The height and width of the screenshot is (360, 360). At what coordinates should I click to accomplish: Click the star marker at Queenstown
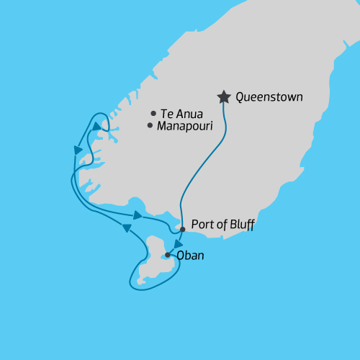pyautogui.click(x=224, y=96)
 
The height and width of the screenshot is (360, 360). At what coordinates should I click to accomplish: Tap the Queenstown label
pyautogui.click(x=269, y=96)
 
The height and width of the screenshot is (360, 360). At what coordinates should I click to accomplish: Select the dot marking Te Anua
pyautogui.click(x=153, y=113)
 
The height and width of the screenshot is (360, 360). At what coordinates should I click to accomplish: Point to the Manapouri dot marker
pyautogui.click(x=150, y=125)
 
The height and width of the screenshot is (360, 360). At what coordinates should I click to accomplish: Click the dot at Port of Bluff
pyautogui.click(x=182, y=229)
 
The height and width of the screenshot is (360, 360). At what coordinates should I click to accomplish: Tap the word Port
pyautogui.click(x=202, y=225)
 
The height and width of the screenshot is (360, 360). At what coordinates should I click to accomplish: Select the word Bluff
pyautogui.click(x=240, y=225)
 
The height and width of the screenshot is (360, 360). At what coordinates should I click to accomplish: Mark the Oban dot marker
pyautogui.click(x=168, y=255)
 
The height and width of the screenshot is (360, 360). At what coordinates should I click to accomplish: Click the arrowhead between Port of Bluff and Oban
pyautogui.click(x=178, y=243)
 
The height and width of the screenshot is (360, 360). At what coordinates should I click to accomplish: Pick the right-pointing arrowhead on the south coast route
pyautogui.click(x=138, y=215)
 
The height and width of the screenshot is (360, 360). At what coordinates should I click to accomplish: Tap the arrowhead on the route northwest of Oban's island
pyautogui.click(x=127, y=228)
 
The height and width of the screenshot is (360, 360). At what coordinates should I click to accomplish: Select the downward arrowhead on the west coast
pyautogui.click(x=78, y=150)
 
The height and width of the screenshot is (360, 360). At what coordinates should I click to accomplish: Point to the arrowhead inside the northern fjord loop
pyautogui.click(x=96, y=126)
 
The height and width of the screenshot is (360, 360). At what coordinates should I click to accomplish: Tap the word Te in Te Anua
pyautogui.click(x=167, y=113)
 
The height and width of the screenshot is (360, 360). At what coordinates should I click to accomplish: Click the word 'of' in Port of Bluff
pyautogui.click(x=220, y=225)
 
